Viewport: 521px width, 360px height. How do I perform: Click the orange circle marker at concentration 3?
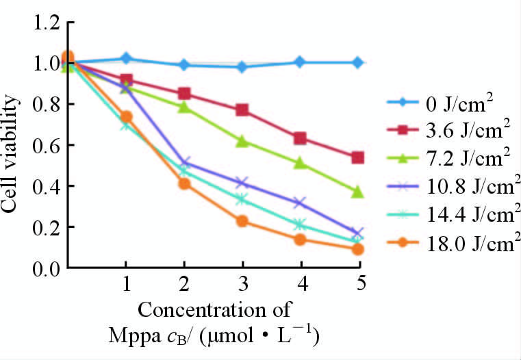tap(242, 221)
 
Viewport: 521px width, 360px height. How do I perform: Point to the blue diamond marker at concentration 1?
tap(126, 59)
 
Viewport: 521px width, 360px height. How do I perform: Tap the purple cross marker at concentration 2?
tap(183, 163)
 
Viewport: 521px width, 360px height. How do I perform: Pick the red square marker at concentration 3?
tap(242, 110)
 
